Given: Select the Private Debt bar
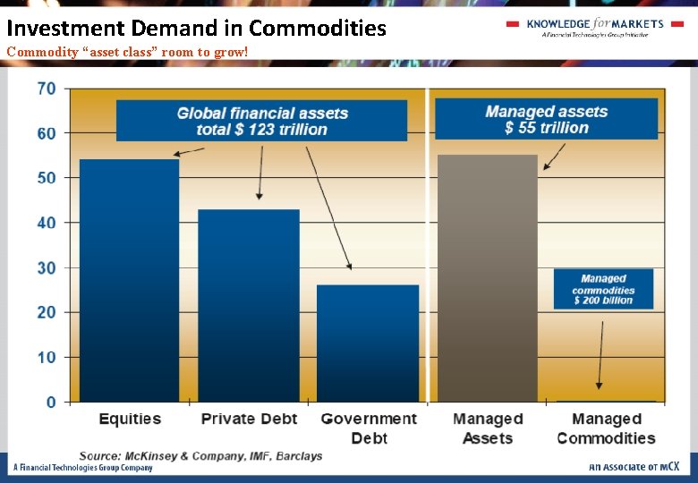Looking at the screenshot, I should tap(248, 305).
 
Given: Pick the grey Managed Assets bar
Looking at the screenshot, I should tap(487, 278).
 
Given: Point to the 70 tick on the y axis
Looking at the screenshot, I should tap(47, 89).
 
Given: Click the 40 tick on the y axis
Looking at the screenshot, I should tap(47, 223).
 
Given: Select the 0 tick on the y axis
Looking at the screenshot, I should tap(51, 402).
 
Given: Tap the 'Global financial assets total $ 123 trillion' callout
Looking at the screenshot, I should tap(261, 121).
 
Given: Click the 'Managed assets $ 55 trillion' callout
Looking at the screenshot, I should tap(546, 120).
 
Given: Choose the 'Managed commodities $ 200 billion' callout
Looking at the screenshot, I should tap(603, 289).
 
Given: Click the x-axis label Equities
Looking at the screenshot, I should tap(130, 419).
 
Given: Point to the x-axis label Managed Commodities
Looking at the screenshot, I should tap(606, 428).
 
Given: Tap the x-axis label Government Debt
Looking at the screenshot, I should tap(369, 428).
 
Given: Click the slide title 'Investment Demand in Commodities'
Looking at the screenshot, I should tap(197, 28).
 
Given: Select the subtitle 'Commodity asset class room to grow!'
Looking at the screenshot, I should tap(127, 52).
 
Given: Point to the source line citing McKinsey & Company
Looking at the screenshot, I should tap(200, 456).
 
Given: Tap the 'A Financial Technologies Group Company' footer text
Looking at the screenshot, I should tap(82, 468).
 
